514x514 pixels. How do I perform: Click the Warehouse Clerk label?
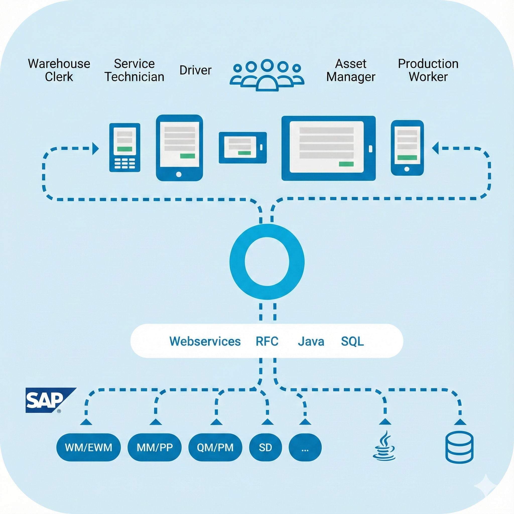pyautogui.click(x=59, y=70)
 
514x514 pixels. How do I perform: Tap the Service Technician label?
pyautogui.click(x=134, y=70)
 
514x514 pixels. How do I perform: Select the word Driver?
pyautogui.click(x=195, y=70)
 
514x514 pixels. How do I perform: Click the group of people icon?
pyautogui.click(x=267, y=75)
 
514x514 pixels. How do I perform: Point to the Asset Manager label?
pyautogui.click(x=350, y=70)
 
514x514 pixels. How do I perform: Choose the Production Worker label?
pyautogui.click(x=428, y=70)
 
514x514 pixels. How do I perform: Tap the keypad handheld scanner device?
pyautogui.click(x=124, y=147)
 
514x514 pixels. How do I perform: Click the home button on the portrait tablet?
pyautogui.click(x=179, y=174)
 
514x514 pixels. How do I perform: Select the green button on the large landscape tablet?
pyautogui.click(x=346, y=164)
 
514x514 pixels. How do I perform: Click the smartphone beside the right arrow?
pyautogui.click(x=407, y=148)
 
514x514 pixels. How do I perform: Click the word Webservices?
pyautogui.click(x=205, y=341)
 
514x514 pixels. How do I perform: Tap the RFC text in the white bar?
pyautogui.click(x=267, y=341)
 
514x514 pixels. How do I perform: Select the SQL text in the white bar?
pyautogui.click(x=352, y=341)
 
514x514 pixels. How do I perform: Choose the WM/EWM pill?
pyautogui.click(x=88, y=447)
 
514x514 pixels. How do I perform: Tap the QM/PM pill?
pyautogui.click(x=215, y=447)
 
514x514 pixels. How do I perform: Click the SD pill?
pyautogui.click(x=265, y=447)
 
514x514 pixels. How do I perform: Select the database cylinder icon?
pyautogui.click(x=459, y=447)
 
